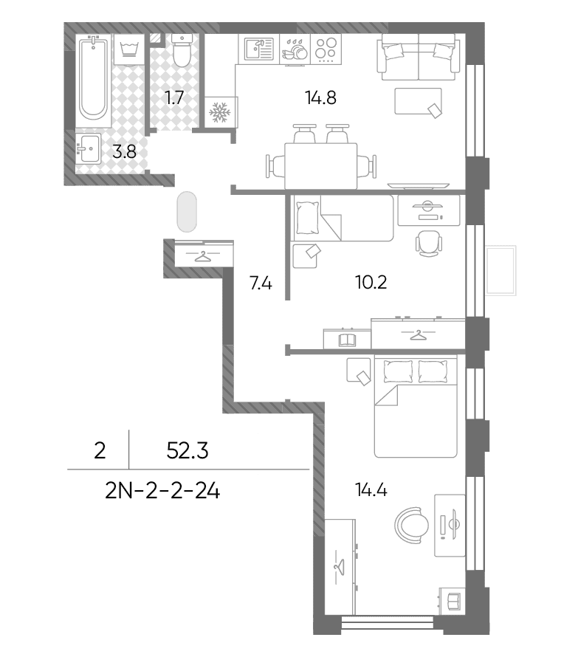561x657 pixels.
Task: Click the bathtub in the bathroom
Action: click(x=93, y=80)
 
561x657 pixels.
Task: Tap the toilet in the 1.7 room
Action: click(x=182, y=50)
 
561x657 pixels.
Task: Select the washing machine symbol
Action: click(x=129, y=49)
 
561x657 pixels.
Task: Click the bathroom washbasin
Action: click(x=89, y=148)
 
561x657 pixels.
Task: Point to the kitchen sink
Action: click(x=259, y=49)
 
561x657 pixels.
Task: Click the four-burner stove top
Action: click(x=326, y=49)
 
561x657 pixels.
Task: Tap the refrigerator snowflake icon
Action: click(x=220, y=112)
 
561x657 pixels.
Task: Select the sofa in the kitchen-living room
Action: click(x=419, y=57)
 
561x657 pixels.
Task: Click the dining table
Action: click(x=321, y=166)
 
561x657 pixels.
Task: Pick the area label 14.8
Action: click(x=321, y=97)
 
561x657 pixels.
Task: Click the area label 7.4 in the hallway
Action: click(x=261, y=283)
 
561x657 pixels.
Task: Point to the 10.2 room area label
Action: click(x=371, y=283)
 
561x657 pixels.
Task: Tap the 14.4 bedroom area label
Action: click(x=371, y=489)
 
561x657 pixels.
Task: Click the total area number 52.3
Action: click(x=187, y=451)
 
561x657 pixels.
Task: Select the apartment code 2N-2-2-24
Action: click(x=162, y=491)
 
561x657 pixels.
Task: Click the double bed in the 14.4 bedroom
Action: click(x=416, y=407)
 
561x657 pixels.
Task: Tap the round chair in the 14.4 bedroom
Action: click(x=411, y=526)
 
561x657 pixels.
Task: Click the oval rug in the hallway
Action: click(x=187, y=212)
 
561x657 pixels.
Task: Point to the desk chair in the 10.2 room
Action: click(x=429, y=244)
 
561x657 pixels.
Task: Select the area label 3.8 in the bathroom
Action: click(x=125, y=151)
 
